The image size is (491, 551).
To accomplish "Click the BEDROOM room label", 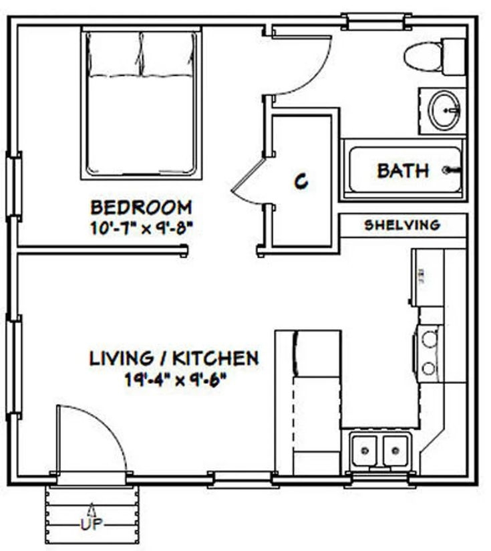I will (x=141, y=207).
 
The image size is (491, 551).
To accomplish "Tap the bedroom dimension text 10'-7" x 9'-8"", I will (x=141, y=227).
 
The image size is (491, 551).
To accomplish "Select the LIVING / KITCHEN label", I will (x=174, y=358).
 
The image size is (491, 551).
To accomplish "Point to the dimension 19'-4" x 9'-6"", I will (x=175, y=380).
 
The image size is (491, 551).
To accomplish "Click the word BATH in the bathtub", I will (x=403, y=171).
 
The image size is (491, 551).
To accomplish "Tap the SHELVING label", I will (x=402, y=225).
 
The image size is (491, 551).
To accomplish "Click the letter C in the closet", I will (x=302, y=181).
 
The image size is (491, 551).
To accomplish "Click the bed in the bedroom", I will (x=141, y=104).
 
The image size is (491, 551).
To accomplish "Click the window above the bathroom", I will (x=375, y=22).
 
